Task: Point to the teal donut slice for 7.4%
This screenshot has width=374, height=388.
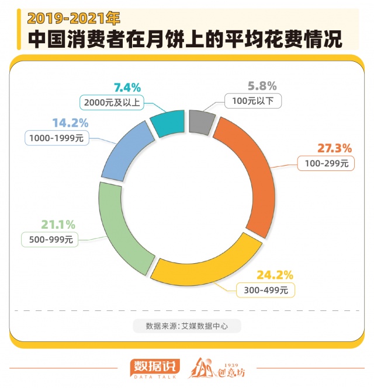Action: click(x=168, y=122)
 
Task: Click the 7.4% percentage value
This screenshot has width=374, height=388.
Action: click(x=127, y=88)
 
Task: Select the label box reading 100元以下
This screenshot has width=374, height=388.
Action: click(x=253, y=102)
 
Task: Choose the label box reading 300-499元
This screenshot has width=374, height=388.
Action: click(x=266, y=289)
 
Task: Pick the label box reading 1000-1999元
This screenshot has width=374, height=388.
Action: click(x=56, y=138)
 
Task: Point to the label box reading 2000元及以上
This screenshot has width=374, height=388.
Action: click(x=110, y=102)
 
